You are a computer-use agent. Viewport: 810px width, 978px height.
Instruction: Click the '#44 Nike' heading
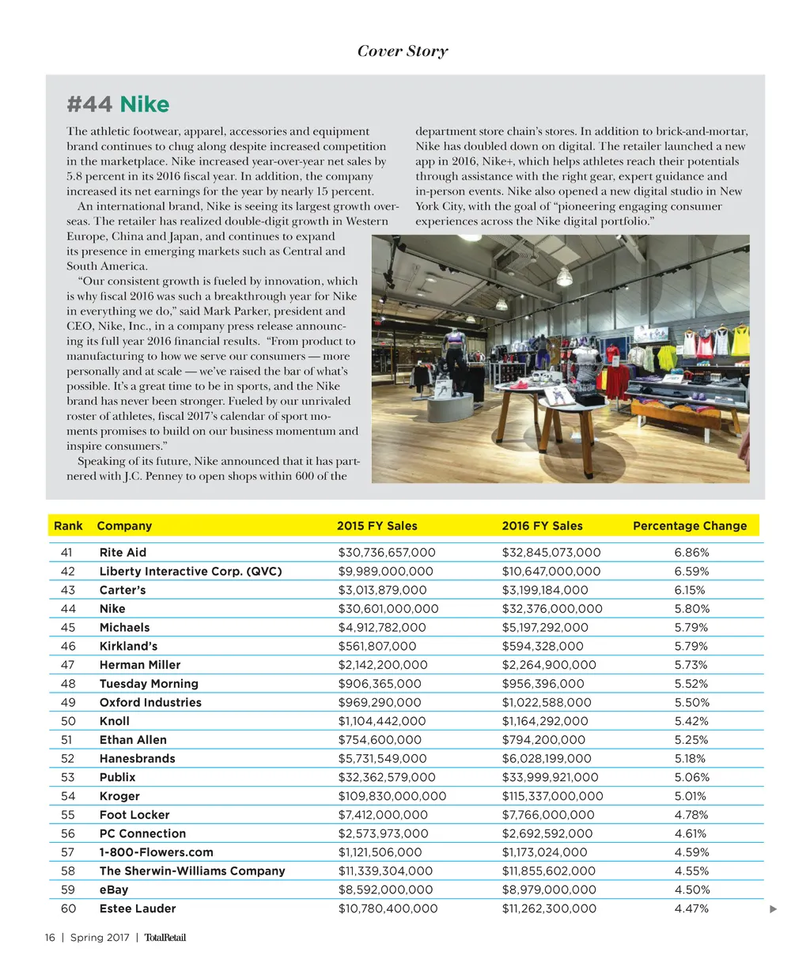[x=118, y=104]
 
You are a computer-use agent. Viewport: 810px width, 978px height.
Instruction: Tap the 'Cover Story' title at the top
[x=403, y=51]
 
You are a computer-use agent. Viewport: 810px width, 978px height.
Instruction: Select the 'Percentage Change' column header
[x=690, y=526]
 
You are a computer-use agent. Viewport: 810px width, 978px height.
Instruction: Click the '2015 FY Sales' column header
[x=377, y=526]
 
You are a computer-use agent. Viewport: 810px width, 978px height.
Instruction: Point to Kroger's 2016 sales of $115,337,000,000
[x=552, y=796]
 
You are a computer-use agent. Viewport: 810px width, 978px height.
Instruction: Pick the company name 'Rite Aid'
[x=123, y=553]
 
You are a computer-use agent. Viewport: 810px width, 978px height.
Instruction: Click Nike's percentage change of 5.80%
[x=692, y=609]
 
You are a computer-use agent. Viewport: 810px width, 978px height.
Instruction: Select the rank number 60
[x=68, y=908]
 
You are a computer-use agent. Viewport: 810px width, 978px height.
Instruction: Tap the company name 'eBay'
[x=114, y=889]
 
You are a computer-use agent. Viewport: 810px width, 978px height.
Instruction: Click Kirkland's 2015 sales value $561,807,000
[x=377, y=646]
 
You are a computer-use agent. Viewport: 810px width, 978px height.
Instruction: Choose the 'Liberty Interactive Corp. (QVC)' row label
[x=191, y=572]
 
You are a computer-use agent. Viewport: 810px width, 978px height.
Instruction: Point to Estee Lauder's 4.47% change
[x=691, y=908]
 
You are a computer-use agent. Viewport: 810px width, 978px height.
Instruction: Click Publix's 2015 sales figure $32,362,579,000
[x=387, y=777]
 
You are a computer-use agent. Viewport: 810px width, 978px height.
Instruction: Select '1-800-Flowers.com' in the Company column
[x=156, y=852]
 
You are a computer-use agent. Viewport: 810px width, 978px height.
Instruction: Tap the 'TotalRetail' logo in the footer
[x=165, y=938]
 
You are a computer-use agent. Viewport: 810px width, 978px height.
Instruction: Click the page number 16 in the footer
[x=50, y=938]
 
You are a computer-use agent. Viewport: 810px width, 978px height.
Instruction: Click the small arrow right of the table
[x=774, y=909]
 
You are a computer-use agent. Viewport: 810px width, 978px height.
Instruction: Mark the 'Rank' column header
[x=68, y=526]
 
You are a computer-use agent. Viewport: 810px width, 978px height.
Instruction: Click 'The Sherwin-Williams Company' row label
[x=192, y=871]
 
